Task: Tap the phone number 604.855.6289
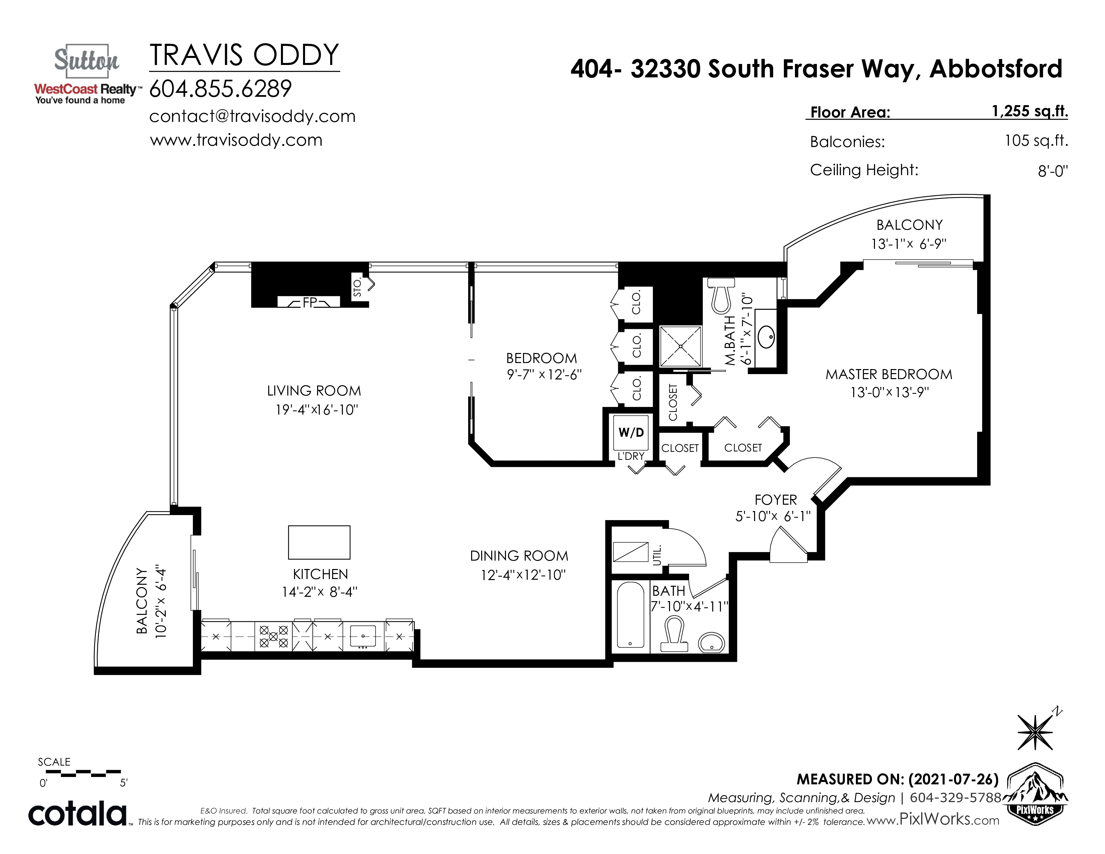221,89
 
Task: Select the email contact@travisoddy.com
252,116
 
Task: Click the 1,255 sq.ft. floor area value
1030,111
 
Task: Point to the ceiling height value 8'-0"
1053,171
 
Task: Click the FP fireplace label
310,302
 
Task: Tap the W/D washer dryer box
631,433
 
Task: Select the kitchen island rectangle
319,542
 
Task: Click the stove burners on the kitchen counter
273,636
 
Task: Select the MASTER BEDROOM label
889,374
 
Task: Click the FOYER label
776,500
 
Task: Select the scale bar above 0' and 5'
83,773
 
